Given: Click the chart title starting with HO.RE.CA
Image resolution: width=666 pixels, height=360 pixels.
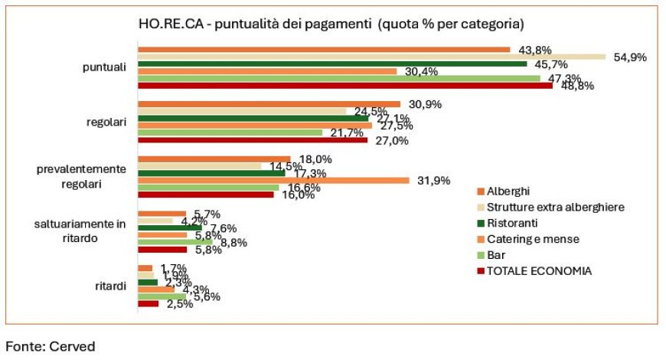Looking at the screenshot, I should pos(331,25).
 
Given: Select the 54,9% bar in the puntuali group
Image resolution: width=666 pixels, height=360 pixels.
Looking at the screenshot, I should pos(371,57).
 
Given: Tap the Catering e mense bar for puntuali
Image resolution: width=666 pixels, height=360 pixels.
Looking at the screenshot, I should pos(267,71).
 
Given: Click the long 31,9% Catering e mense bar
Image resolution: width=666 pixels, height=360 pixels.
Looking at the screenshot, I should pos(273,180).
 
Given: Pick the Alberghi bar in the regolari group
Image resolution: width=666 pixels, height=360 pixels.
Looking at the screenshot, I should pos(269,103).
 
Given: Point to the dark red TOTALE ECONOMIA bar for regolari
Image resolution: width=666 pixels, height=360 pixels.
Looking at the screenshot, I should pos(253,140).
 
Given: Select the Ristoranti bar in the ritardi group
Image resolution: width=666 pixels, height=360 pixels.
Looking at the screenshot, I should pos(148,282).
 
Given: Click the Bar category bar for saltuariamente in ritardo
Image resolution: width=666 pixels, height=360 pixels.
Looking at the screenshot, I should pos(175,241).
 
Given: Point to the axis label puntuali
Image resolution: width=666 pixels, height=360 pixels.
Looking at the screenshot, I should pos(104,67).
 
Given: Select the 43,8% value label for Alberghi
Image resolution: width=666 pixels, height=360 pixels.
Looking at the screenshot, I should pos(535,51).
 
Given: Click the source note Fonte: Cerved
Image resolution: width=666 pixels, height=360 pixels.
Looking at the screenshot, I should pos(51,346).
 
